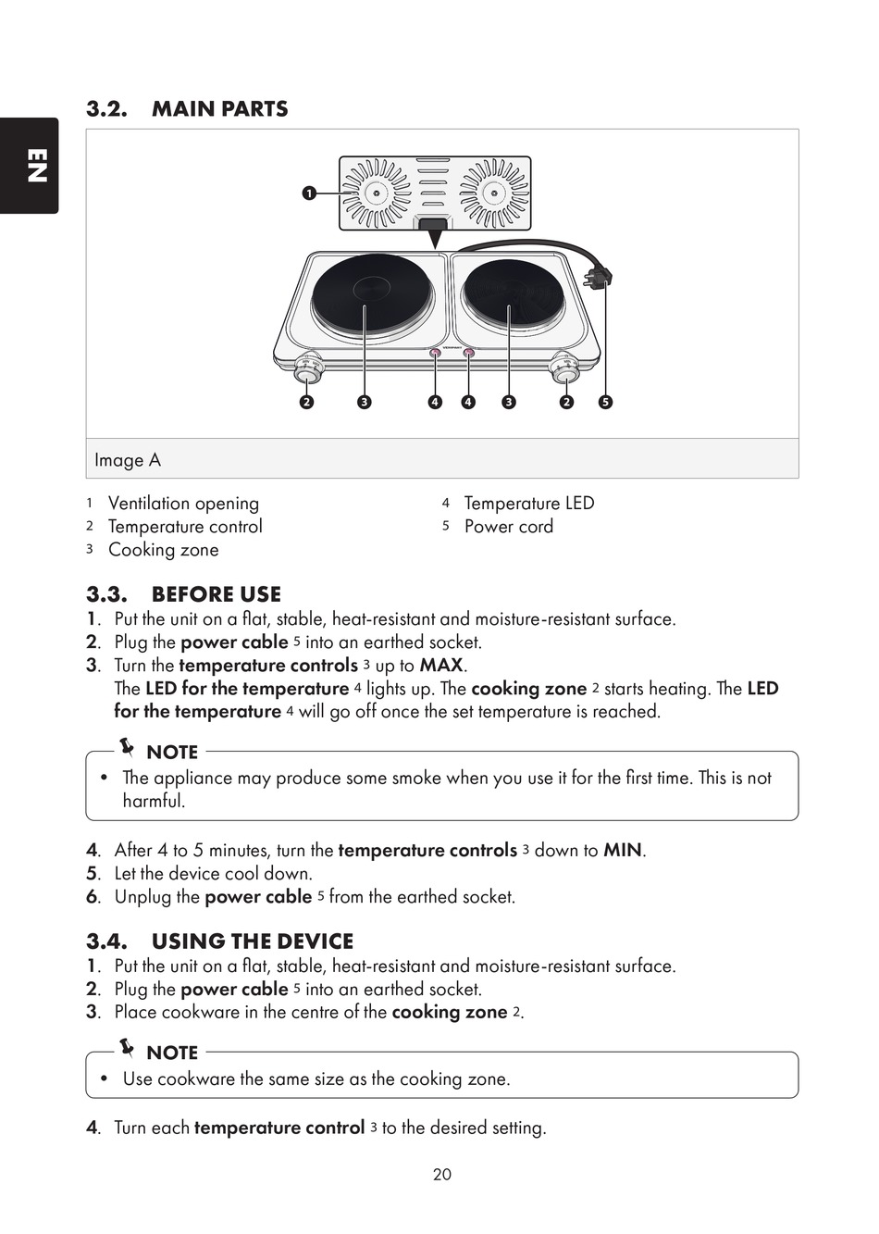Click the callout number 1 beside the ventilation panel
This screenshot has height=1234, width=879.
tap(308, 193)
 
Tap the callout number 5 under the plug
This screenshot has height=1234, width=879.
tap(605, 402)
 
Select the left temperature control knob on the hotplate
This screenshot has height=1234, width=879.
tap(309, 372)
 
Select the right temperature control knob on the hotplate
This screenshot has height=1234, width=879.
tap(564, 372)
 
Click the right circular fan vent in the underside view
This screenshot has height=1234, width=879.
tap(494, 193)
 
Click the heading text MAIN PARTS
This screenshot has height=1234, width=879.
tap(219, 109)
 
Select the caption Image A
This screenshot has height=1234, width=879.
tap(128, 460)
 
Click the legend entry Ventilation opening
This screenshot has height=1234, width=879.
tap(183, 504)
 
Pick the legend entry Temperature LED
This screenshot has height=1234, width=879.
tap(528, 504)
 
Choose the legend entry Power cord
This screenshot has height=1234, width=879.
tap(508, 527)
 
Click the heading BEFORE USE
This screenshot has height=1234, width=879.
tap(216, 594)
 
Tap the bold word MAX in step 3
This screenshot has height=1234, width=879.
tap(440, 666)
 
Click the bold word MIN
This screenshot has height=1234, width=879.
tap(622, 851)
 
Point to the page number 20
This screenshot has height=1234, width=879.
tap(442, 1175)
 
